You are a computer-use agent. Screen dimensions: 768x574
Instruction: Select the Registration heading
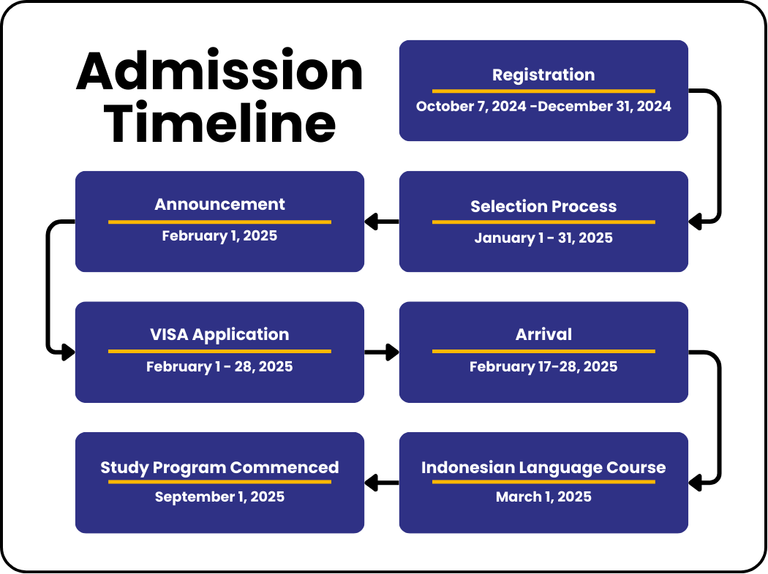pos(543,75)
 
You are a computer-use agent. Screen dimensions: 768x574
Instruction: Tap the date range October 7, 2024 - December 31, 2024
pos(543,106)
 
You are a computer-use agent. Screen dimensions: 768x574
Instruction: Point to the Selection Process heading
pos(543,206)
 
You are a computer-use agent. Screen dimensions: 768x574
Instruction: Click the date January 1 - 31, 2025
pos(543,238)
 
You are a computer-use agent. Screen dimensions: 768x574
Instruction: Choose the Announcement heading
pos(219,204)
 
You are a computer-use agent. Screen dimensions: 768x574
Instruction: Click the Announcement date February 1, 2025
pos(219,236)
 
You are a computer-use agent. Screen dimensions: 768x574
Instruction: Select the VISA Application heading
pos(219,334)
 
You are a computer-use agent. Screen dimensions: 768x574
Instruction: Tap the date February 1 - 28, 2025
pos(219,367)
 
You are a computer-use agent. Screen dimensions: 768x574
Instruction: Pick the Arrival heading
pos(543,334)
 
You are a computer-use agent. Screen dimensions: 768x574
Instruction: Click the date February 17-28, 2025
pos(543,367)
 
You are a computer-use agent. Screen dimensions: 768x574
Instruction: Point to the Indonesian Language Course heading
pos(543,468)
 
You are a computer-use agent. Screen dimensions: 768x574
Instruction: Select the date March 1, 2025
pos(543,497)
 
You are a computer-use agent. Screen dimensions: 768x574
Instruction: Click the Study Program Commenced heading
pos(219,468)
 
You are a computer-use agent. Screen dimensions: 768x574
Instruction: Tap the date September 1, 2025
pos(219,497)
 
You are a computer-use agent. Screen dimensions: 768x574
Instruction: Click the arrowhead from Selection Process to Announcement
pos(372,222)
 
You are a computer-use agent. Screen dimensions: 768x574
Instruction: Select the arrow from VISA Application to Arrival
pos(382,352)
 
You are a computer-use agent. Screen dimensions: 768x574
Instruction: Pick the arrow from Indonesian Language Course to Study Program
pos(382,483)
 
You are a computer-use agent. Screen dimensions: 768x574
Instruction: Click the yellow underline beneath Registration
pos(543,91)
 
